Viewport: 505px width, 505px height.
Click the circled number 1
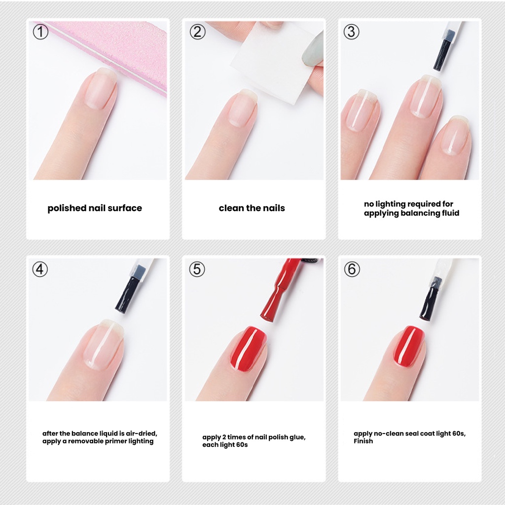point(40,32)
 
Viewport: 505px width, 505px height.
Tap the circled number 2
point(197,32)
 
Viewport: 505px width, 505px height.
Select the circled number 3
point(351,32)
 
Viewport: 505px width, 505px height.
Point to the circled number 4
point(40,269)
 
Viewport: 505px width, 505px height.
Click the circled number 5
point(197,269)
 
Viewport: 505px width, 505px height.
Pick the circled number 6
point(352,269)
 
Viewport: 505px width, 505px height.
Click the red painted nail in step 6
point(408,346)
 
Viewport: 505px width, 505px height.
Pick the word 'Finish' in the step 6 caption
point(363,441)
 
